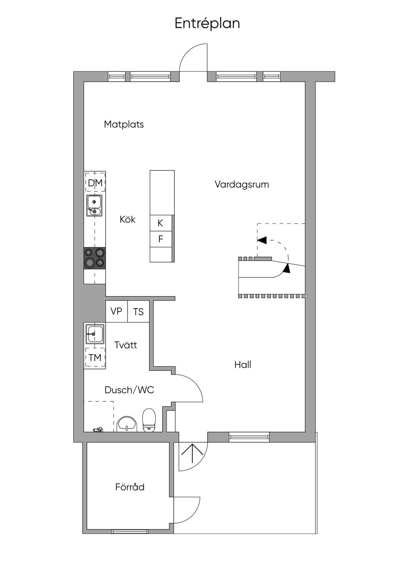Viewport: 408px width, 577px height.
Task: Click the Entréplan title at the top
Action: [207, 24]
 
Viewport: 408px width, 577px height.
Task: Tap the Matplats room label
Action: [124, 124]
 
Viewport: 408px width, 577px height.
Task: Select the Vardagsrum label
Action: [242, 184]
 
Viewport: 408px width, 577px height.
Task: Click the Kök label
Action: [127, 220]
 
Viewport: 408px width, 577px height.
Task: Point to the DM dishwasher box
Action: [95, 183]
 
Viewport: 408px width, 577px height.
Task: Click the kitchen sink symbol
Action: [94, 205]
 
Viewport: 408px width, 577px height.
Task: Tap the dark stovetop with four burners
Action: [94, 258]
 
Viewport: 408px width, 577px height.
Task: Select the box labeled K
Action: [161, 223]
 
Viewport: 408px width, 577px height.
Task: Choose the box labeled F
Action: [161, 239]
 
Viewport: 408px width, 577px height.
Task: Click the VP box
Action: [116, 311]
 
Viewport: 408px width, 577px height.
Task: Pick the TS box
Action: [138, 311]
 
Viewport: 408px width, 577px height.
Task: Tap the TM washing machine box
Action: [95, 357]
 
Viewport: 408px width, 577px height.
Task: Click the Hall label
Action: [243, 365]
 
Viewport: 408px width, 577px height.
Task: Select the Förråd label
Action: [130, 487]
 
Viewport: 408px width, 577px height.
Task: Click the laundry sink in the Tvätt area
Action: [95, 334]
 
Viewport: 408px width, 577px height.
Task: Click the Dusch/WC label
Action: [129, 390]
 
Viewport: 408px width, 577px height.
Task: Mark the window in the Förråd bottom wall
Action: [130, 532]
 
